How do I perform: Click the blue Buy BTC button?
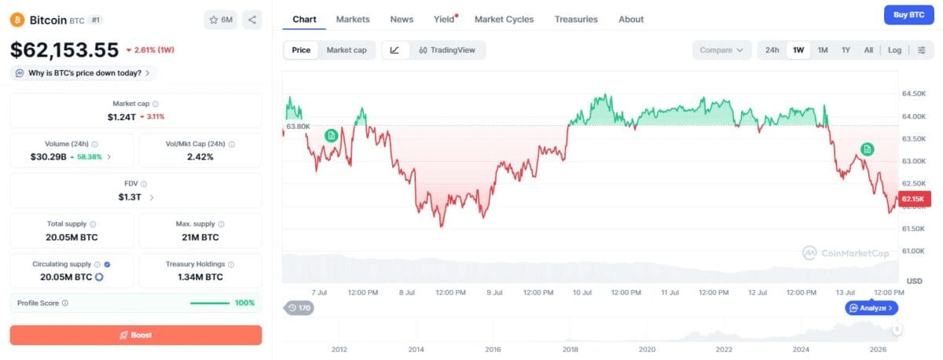(909, 15)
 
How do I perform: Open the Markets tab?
(353, 20)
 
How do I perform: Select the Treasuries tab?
(576, 20)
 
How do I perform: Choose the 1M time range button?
(823, 50)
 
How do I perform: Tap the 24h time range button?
(772, 50)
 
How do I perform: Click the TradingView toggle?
(447, 50)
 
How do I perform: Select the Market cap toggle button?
(347, 50)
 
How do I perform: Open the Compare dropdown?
(721, 50)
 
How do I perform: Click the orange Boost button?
(136, 335)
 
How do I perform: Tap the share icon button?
(252, 20)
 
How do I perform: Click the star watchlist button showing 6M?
(221, 20)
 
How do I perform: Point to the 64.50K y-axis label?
(913, 94)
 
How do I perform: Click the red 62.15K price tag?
(915, 199)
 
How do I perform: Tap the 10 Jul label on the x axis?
(582, 292)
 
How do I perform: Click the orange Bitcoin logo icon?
(17, 20)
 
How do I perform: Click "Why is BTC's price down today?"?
(85, 73)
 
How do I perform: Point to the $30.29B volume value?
(49, 156)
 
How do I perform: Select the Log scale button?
(894, 50)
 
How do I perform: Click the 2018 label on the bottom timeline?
(570, 349)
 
